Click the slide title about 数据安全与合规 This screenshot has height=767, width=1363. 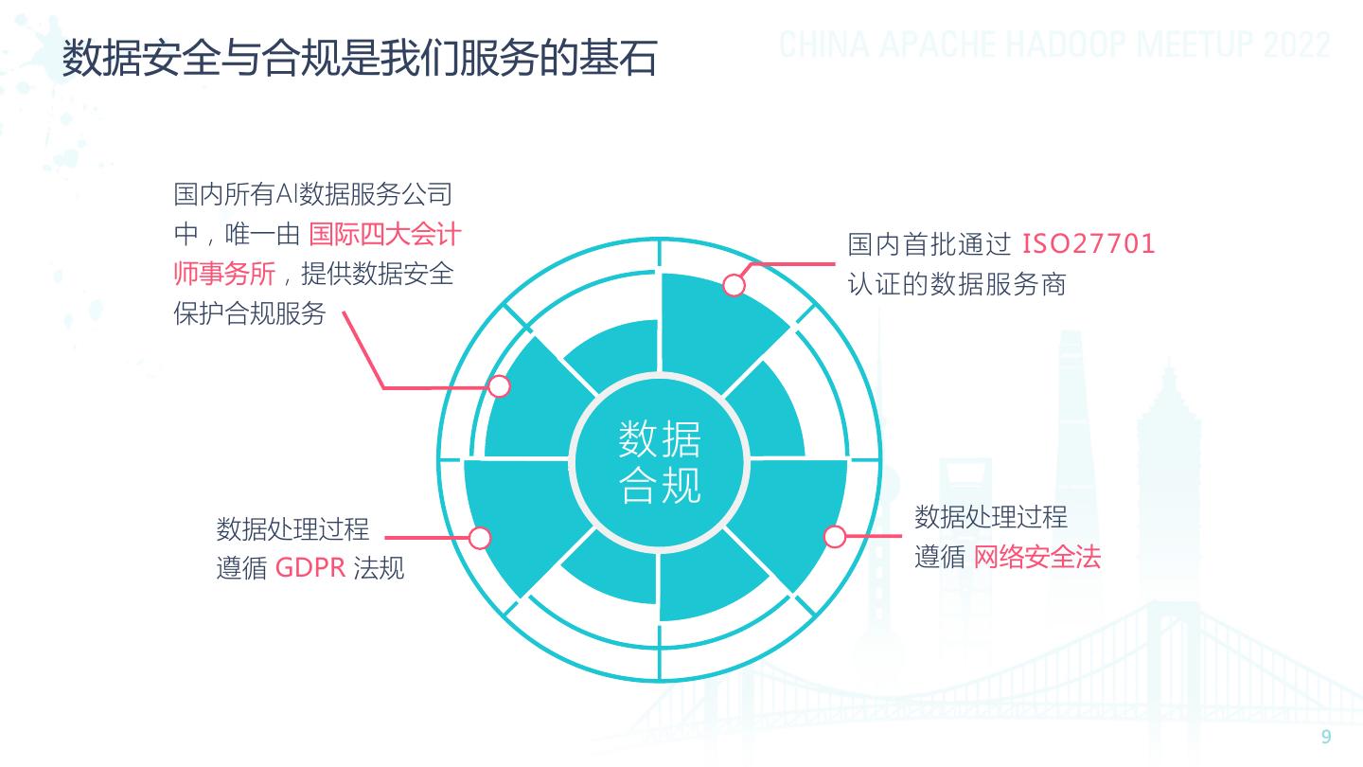[360, 59]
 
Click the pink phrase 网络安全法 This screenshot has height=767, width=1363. [1037, 557]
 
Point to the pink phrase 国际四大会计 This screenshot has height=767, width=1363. [384, 234]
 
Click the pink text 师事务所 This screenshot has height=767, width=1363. [224, 274]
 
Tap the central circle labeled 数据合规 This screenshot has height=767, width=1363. [660, 461]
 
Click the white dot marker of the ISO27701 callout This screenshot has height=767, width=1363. [735, 284]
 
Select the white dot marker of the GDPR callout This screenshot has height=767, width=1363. [480, 538]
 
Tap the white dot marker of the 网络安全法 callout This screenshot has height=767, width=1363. [834, 537]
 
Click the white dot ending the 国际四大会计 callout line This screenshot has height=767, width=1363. [500, 386]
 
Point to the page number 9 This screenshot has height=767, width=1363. [1326, 738]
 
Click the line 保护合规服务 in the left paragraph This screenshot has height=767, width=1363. [249, 313]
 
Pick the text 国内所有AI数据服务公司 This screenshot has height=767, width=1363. [312, 195]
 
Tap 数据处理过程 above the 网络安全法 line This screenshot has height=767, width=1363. [990, 517]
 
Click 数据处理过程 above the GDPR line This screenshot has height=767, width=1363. [292, 528]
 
